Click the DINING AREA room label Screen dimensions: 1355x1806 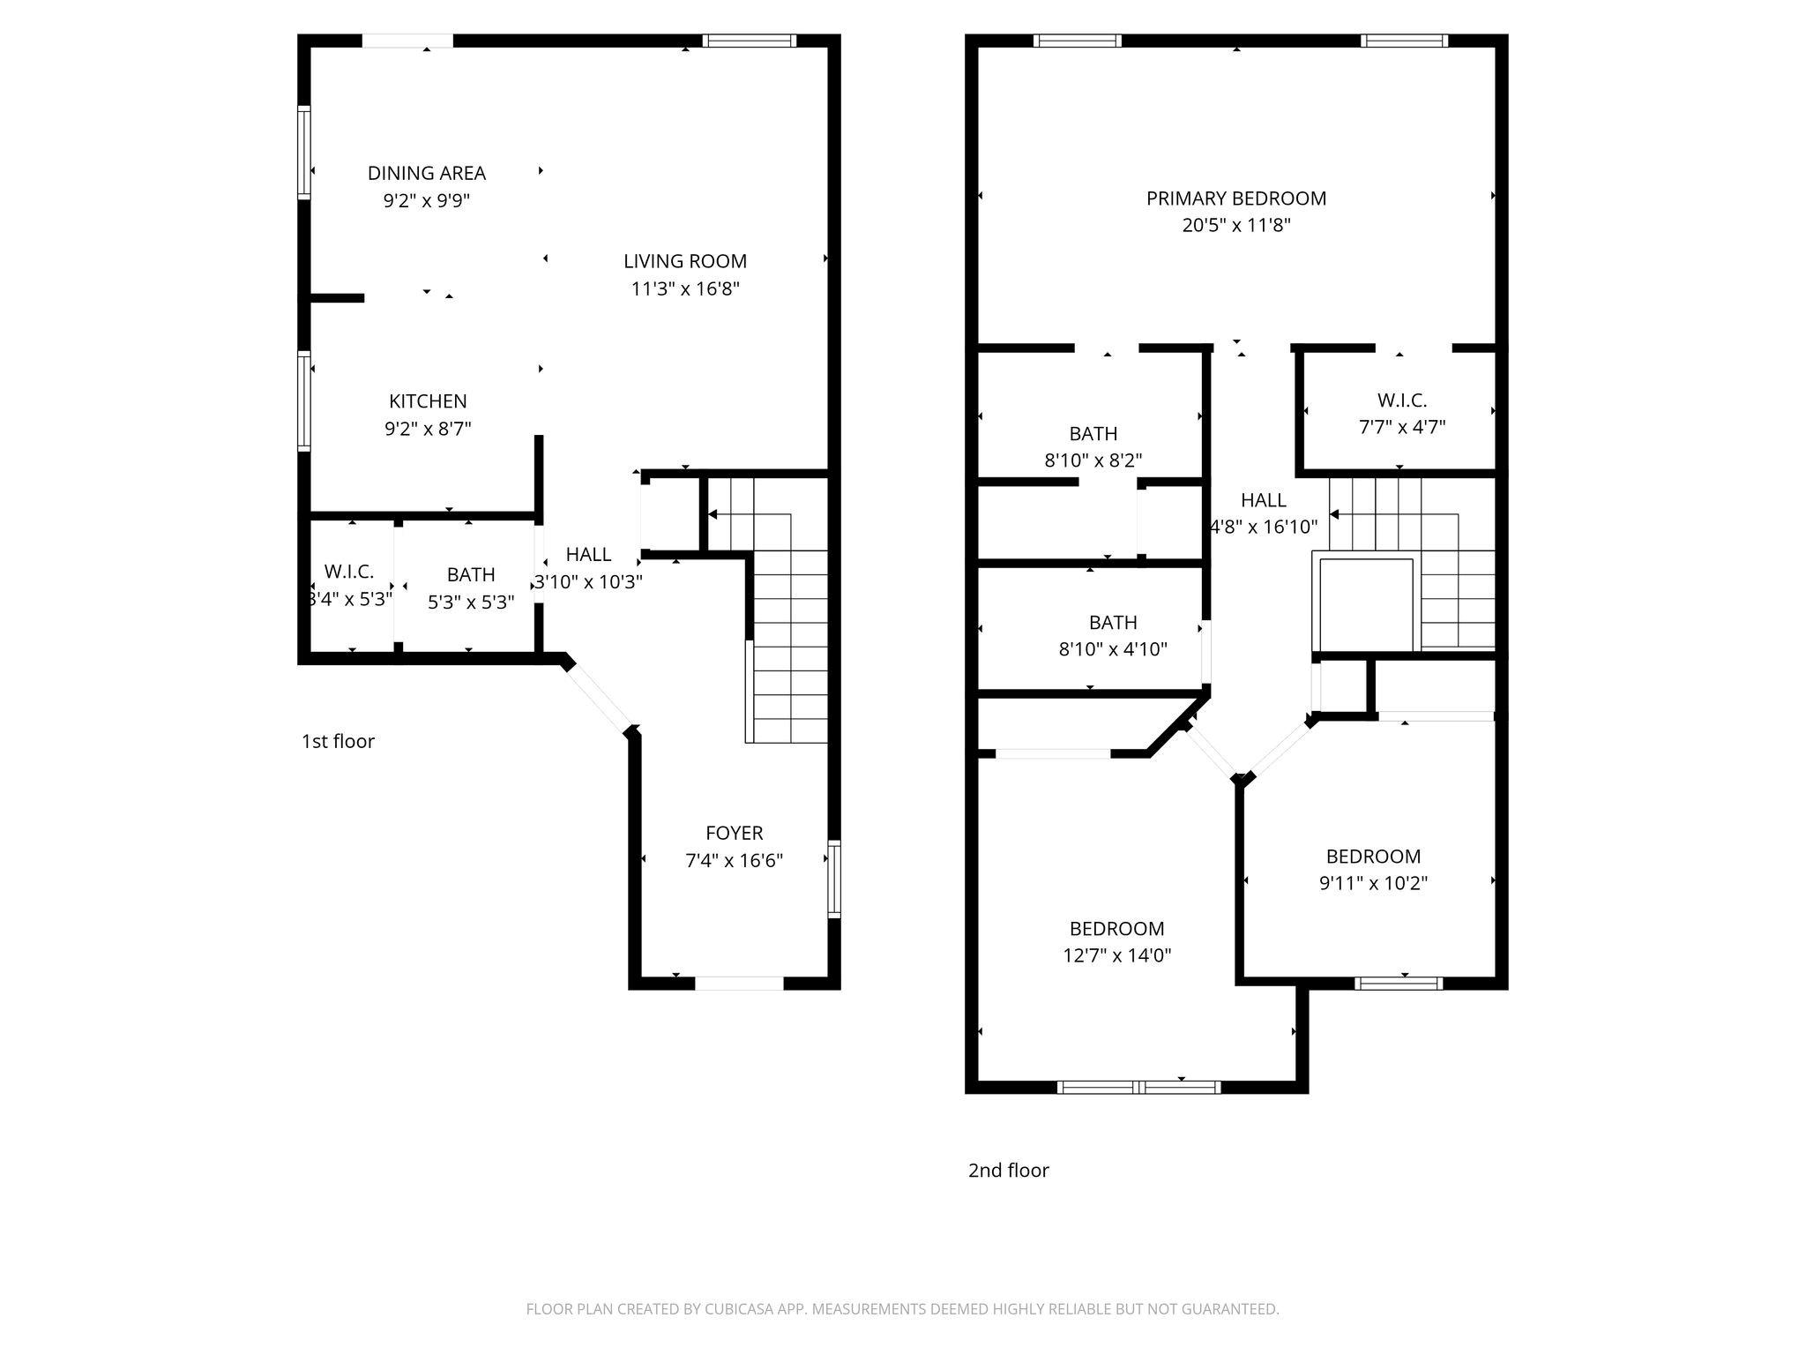(427, 173)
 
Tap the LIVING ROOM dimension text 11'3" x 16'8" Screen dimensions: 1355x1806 (685, 288)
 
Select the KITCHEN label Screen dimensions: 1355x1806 (428, 401)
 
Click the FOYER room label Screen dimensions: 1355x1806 (734, 833)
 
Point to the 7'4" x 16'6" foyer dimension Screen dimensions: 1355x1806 (734, 860)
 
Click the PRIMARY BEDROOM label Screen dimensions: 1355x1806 (1235, 198)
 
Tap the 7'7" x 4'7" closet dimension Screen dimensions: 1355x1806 (1401, 428)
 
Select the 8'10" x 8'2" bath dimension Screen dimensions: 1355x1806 (1093, 460)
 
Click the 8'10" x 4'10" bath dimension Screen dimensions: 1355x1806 (1113, 649)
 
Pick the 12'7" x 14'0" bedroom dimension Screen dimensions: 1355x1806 (1116, 955)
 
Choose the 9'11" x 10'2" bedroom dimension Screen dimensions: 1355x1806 (1373, 883)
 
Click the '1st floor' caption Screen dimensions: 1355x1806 (338, 741)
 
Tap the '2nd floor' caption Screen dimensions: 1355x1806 (1008, 1171)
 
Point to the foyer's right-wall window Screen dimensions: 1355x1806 (833, 880)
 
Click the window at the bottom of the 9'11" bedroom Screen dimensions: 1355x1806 (1399, 983)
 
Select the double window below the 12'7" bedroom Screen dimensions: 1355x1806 (1138, 1087)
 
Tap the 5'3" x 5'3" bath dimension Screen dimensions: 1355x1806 (471, 603)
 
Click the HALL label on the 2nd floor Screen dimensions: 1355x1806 (1263, 500)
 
